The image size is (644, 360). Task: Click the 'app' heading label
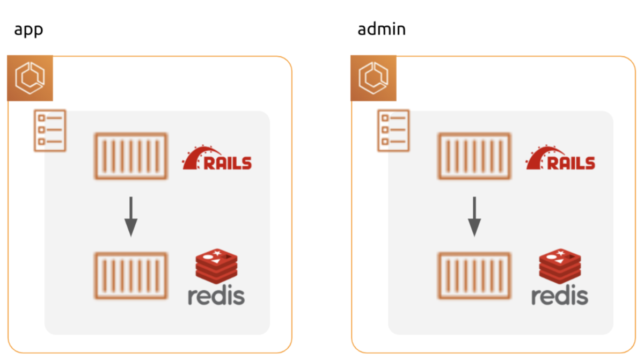[x=28, y=30]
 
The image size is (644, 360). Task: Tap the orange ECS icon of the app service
[x=30, y=78]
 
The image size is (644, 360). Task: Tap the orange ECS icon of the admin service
[x=374, y=78]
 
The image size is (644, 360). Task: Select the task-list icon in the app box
[x=50, y=130]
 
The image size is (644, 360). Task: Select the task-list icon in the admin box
[x=393, y=130]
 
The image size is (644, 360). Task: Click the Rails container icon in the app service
[x=131, y=156]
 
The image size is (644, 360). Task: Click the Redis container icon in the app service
[x=131, y=275]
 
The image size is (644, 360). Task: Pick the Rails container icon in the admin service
[x=474, y=156]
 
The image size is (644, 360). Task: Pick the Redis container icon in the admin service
[x=474, y=275]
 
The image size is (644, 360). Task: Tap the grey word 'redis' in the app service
[x=216, y=296]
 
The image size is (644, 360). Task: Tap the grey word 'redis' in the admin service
[x=560, y=296]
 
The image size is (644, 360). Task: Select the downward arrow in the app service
[x=131, y=216]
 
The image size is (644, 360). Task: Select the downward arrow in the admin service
[x=474, y=216]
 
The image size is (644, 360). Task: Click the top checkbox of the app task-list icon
[x=41, y=117]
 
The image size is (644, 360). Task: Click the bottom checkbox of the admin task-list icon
[x=384, y=142]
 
